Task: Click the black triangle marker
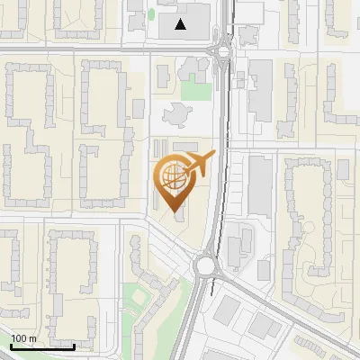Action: (182, 24)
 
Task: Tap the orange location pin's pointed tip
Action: (175, 210)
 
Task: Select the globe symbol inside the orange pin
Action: (173, 175)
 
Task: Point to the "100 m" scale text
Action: (23, 338)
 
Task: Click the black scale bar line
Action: (41, 346)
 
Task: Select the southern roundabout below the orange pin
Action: (206, 265)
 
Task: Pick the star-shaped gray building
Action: (176, 113)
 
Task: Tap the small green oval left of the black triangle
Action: (151, 14)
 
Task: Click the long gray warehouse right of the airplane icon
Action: (260, 184)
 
